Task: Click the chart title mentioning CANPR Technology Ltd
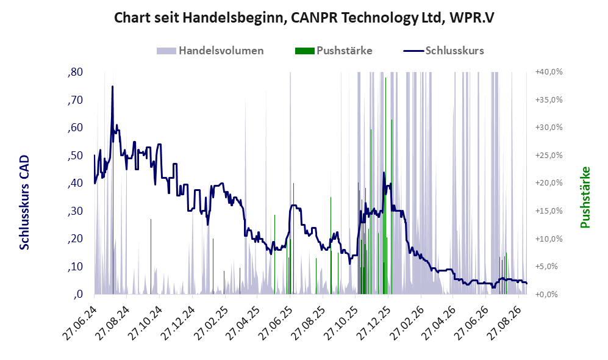pos(304,18)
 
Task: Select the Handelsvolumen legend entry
pos(210,51)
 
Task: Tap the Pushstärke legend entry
pos(334,51)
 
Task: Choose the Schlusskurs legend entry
pos(443,51)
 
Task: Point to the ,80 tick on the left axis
pos(75,72)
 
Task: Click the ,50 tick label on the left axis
pos(75,156)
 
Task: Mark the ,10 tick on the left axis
pos(75,267)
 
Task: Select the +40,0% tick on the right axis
pos(549,72)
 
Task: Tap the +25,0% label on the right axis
pos(549,156)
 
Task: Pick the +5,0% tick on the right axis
pos(549,267)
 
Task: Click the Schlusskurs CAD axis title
pos(24,202)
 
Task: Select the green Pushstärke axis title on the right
pos(585,197)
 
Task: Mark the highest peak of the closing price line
pos(112,87)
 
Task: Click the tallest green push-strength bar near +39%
pos(385,186)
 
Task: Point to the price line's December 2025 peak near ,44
pos(384,173)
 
